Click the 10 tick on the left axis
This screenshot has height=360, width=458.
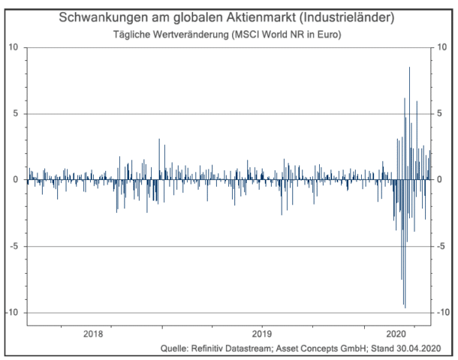click(14, 47)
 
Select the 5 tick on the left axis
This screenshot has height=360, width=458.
click(17, 114)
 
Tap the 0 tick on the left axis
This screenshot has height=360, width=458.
click(17, 180)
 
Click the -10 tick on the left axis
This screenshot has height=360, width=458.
click(13, 312)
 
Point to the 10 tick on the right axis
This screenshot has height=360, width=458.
click(444, 47)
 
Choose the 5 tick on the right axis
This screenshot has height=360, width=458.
click(441, 114)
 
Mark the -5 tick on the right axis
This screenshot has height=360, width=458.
click(443, 246)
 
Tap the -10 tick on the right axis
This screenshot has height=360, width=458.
click(444, 312)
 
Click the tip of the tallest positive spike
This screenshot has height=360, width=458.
click(409, 67)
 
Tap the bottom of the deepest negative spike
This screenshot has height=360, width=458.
click(405, 307)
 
